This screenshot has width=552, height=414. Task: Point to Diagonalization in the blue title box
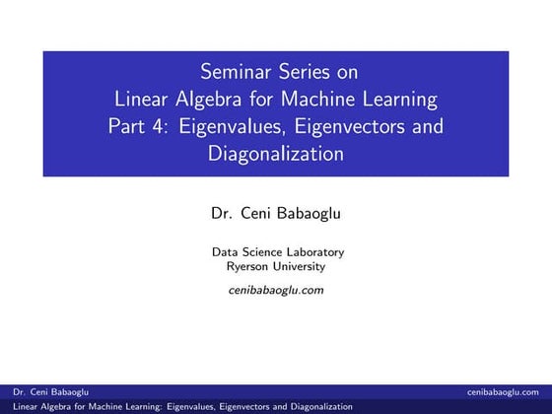click(x=276, y=155)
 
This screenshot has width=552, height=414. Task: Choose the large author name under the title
click(x=276, y=212)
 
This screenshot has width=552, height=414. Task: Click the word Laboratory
click(x=309, y=251)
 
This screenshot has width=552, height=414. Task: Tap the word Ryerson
click(x=248, y=266)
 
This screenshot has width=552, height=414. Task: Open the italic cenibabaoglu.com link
click(x=276, y=290)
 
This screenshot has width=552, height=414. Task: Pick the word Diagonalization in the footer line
click(x=314, y=406)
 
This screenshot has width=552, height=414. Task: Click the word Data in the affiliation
click(x=224, y=251)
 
